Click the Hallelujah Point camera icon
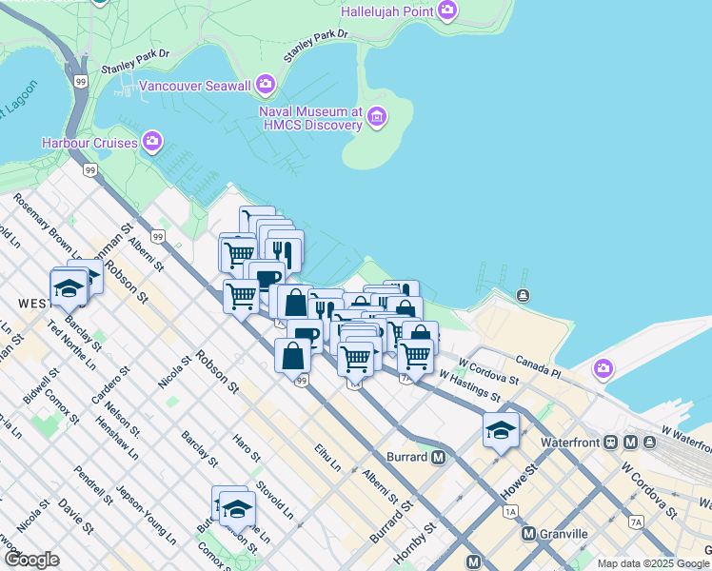(x=447, y=11)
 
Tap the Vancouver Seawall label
(x=195, y=86)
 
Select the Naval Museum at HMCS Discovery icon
(x=377, y=117)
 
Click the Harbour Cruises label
(x=90, y=143)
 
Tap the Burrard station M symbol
(x=438, y=457)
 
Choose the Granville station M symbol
(x=529, y=534)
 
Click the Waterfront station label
(x=575, y=443)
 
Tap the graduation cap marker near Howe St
(x=501, y=430)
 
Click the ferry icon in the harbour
(x=523, y=295)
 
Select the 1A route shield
(x=510, y=512)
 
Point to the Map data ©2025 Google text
(x=652, y=563)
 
